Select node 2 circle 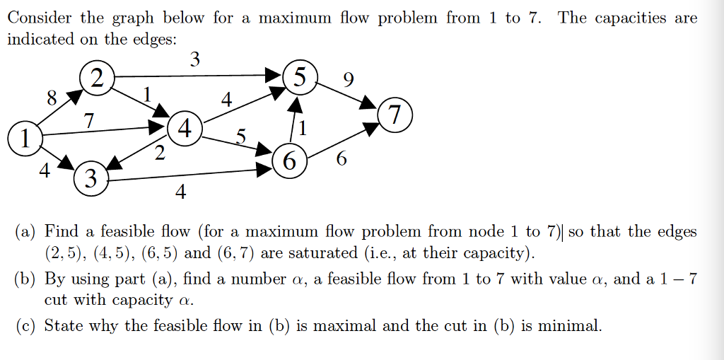[97, 77]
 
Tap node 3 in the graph [90, 177]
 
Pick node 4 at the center [185, 129]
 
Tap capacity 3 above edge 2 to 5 [195, 60]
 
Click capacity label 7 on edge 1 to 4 [89, 121]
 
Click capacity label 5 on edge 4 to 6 [241, 135]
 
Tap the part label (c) [27, 326]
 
